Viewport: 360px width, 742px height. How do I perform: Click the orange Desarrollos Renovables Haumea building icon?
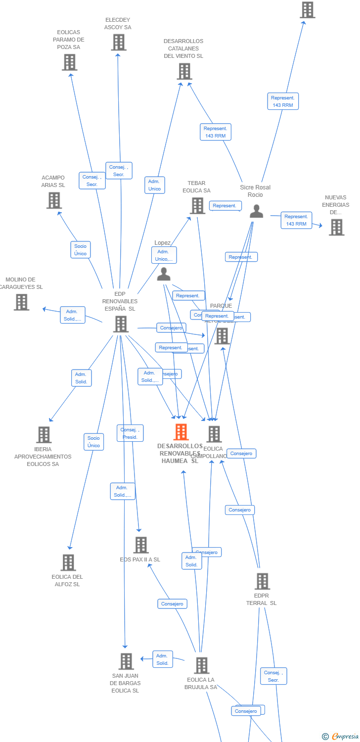click(x=181, y=432)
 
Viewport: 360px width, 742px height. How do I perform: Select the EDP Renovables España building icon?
click(x=121, y=324)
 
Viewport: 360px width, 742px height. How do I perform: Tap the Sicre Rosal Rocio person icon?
click(x=256, y=211)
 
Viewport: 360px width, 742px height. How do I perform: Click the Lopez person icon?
click(x=164, y=274)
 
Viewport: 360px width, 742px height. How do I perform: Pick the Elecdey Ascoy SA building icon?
click(x=118, y=43)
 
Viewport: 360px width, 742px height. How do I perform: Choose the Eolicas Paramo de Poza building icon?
click(x=69, y=62)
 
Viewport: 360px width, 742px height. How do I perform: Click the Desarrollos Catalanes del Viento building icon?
click(x=184, y=71)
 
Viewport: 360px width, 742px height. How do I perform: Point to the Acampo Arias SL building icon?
click(x=54, y=200)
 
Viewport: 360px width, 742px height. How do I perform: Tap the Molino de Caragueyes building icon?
click(x=21, y=302)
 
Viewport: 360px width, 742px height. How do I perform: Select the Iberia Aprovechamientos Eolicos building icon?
click(x=44, y=435)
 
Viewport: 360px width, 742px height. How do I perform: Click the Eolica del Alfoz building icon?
click(x=68, y=562)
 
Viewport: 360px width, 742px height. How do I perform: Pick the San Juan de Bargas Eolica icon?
click(x=126, y=661)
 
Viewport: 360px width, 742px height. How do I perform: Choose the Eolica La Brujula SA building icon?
click(x=201, y=665)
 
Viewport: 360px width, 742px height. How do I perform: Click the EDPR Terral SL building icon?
click(x=262, y=581)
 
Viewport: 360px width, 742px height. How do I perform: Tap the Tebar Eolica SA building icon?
click(x=197, y=205)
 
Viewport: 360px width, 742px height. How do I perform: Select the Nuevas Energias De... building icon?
click(x=336, y=227)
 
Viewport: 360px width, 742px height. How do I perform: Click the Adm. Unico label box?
click(x=155, y=185)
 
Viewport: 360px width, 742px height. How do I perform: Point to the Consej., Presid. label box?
click(x=130, y=433)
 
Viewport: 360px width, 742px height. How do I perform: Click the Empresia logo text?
click(x=345, y=737)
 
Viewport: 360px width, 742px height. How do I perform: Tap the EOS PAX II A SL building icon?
click(x=141, y=545)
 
